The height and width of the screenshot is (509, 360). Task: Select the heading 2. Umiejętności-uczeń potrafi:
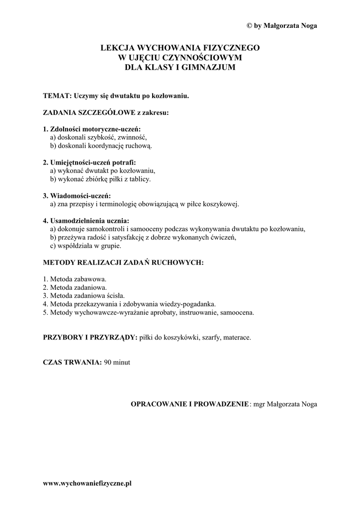90,162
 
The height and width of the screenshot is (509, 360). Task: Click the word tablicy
139,178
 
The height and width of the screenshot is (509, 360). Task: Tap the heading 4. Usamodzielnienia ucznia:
86,221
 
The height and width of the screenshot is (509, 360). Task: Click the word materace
238,338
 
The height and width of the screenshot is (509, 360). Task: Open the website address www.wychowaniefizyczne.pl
87,483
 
